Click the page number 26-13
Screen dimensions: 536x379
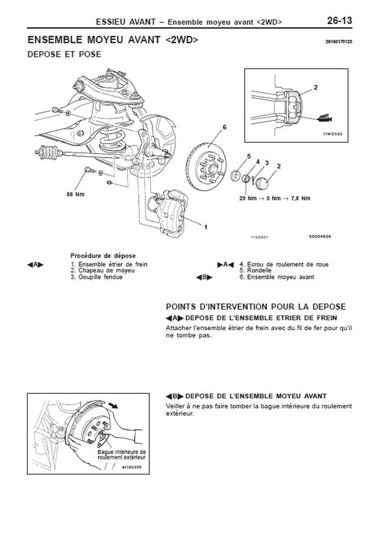[339, 21]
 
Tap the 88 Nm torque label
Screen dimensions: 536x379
[76, 195]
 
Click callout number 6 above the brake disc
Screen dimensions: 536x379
[225, 127]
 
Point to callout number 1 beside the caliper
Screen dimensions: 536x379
[205, 227]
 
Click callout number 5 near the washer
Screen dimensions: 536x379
[248, 156]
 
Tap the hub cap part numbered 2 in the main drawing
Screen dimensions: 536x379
[263, 181]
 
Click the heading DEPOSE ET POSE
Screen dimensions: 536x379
[64, 54]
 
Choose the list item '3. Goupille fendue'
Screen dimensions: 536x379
[96, 277]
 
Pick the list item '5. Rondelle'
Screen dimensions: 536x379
[255, 271]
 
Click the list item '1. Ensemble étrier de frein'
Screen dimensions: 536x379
[108, 264]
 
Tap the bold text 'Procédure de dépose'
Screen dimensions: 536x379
[103, 256]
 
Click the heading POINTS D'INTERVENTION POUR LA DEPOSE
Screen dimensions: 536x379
[256, 307]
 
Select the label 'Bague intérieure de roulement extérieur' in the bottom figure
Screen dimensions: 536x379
[122, 455]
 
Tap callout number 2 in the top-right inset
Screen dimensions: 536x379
[316, 86]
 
